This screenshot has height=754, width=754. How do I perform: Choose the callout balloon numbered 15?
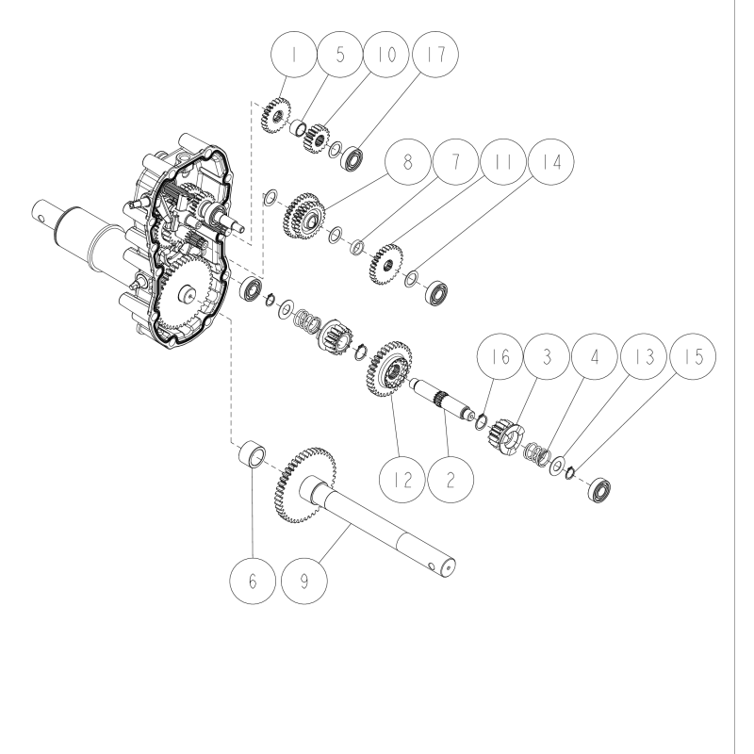coord(691,360)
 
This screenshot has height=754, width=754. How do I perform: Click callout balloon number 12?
coord(406,477)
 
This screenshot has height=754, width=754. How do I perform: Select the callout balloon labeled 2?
coord(451,477)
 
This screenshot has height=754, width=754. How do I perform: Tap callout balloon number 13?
coord(645,360)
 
